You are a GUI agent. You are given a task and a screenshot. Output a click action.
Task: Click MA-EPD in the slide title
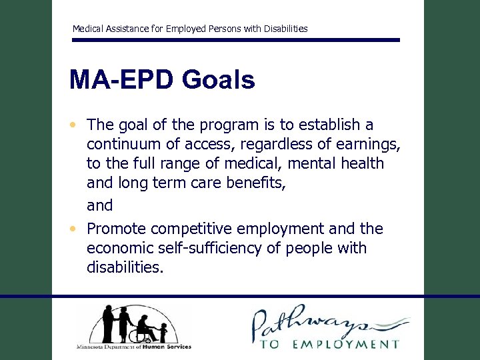point(116,80)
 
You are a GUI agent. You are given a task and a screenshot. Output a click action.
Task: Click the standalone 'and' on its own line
point(100,205)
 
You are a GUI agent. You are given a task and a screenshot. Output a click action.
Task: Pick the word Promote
point(117,229)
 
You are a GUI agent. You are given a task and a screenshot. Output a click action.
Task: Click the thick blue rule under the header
point(236,40)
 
